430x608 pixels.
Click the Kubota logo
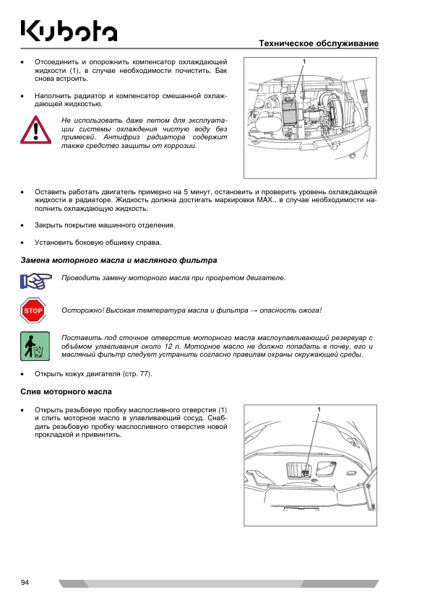(69, 30)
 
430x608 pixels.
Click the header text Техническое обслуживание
(319, 43)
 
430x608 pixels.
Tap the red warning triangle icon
(35, 129)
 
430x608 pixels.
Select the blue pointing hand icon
(35, 281)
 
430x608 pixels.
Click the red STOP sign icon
(33, 310)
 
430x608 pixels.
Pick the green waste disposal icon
(35, 347)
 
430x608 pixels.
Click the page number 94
(25, 583)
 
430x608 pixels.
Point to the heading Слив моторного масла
(66, 392)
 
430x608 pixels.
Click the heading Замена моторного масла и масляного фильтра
(119, 260)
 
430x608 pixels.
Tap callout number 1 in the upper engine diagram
(304, 61)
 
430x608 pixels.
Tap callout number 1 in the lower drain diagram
(319, 409)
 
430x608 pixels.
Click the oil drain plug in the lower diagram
(306, 472)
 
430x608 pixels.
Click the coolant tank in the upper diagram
(289, 110)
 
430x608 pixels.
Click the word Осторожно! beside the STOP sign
(82, 310)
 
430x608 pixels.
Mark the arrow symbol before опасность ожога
(254, 310)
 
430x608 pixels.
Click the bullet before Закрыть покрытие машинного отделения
(23, 225)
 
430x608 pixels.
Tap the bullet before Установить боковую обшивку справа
(23, 243)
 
